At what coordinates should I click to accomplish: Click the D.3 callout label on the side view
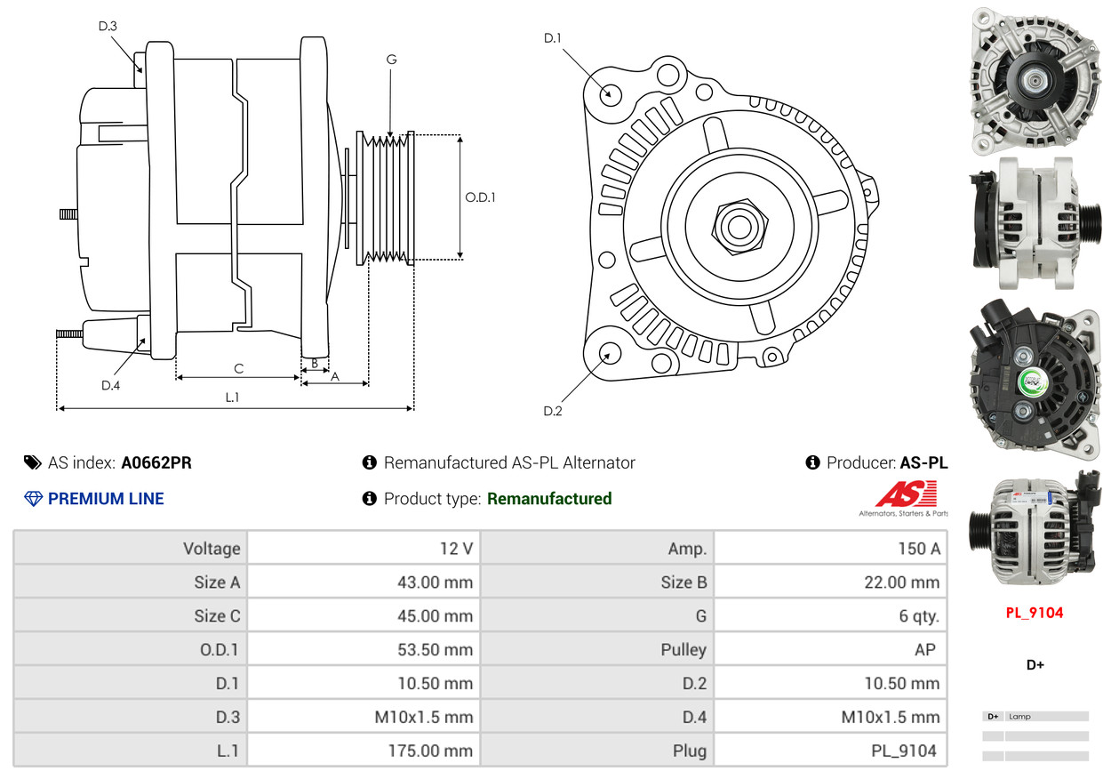tap(108, 26)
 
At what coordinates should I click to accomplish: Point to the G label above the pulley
tap(391, 60)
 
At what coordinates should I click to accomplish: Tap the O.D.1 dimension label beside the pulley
tap(480, 197)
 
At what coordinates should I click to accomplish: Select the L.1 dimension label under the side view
tap(231, 398)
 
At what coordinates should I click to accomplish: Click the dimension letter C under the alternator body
tap(238, 368)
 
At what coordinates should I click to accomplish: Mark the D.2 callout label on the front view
tap(553, 411)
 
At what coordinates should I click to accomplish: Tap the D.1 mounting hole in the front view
tap(611, 92)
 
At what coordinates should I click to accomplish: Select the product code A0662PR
tap(156, 462)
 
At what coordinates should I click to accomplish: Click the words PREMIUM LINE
tap(106, 499)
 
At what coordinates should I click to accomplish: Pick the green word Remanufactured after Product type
tap(549, 499)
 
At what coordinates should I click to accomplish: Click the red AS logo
tap(907, 494)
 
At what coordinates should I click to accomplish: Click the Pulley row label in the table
tap(683, 650)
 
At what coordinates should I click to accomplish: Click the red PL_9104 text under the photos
tap(1035, 612)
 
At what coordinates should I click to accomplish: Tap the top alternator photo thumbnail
tap(1034, 80)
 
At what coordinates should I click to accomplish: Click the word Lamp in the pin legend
tap(1019, 717)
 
